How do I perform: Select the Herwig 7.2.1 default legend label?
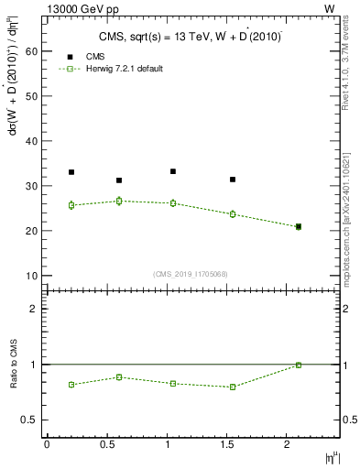(126, 69)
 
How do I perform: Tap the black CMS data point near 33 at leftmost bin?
(71, 172)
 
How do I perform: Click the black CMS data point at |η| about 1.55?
(233, 180)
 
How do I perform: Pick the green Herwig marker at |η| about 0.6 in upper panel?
(119, 201)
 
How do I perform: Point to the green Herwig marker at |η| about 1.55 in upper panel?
(233, 214)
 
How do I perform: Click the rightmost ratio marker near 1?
(299, 365)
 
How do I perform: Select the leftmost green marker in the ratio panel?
(71, 385)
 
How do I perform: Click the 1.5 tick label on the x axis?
(234, 444)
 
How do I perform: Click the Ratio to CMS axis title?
(12, 381)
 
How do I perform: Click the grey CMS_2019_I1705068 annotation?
(191, 274)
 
